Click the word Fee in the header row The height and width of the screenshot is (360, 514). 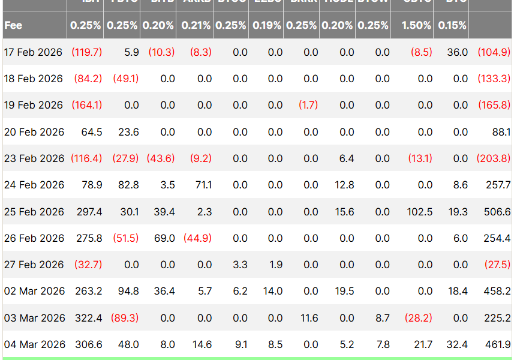(13, 26)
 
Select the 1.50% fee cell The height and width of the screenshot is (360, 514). (417, 26)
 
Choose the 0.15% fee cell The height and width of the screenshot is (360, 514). (452, 26)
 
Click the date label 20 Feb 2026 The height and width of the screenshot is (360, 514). (34, 132)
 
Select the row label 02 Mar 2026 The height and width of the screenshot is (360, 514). (34, 291)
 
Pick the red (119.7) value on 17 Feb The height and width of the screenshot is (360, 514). (86, 52)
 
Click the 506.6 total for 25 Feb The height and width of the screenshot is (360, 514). (497, 212)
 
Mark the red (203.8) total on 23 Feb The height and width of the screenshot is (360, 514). (494, 158)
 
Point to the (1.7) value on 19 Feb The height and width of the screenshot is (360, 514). (308, 105)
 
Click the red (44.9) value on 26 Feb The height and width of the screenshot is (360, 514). (197, 238)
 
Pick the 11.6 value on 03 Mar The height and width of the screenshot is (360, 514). (309, 318)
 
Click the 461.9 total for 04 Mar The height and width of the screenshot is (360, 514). (497, 344)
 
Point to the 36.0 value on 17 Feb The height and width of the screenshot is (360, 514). (458, 52)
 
